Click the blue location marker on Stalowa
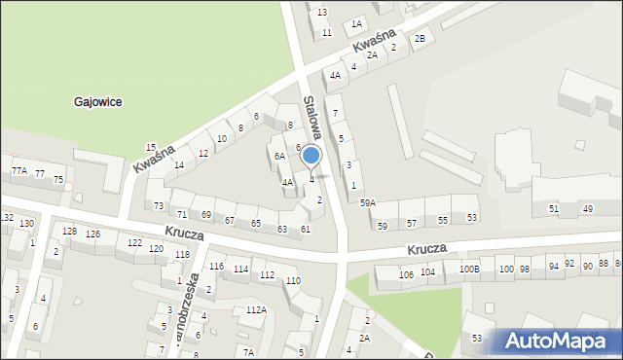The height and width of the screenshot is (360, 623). [x=311, y=156]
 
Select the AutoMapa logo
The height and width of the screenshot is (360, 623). [x=554, y=341]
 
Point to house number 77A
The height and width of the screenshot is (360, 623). [x=18, y=171]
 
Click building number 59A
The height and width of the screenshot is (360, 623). [x=367, y=202]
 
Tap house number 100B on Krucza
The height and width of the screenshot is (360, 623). [x=469, y=269]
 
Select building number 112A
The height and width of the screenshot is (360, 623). [x=256, y=309]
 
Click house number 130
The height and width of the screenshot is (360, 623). [x=26, y=224]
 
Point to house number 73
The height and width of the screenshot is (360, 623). [x=159, y=206]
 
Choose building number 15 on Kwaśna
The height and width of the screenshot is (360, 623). [x=151, y=147]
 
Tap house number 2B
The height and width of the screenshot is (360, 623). [x=420, y=38]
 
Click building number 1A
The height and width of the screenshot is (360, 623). [x=357, y=23]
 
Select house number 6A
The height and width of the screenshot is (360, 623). [x=278, y=156]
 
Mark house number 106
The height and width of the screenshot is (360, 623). [x=406, y=274]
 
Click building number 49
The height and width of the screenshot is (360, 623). [x=587, y=209]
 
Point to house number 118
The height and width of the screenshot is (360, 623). [x=182, y=255]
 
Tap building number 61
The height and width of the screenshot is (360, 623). [x=306, y=229]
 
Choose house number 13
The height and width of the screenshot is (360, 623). [x=322, y=12]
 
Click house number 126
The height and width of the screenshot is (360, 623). [x=92, y=234]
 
